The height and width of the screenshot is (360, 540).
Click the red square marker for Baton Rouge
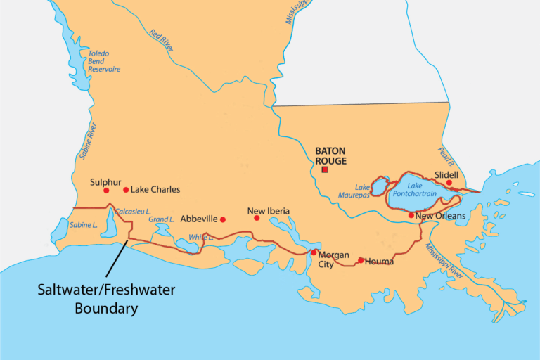click(325, 169)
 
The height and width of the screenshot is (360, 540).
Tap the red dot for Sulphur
click(106, 191)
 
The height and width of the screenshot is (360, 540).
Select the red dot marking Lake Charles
click(126, 190)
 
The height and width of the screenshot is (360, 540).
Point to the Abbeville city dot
click(223, 219)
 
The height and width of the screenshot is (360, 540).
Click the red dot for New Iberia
click(257, 218)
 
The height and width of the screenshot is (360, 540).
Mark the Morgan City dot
click(314, 252)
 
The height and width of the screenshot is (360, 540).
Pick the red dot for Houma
click(361, 260)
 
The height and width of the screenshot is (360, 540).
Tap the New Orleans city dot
click(411, 215)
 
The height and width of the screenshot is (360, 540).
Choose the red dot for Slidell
click(449, 183)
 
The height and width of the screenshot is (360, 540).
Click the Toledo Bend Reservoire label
click(103, 61)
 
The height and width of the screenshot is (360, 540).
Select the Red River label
click(161, 40)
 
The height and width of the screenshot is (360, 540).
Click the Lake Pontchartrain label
click(420, 192)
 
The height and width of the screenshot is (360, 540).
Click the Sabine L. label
click(84, 225)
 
